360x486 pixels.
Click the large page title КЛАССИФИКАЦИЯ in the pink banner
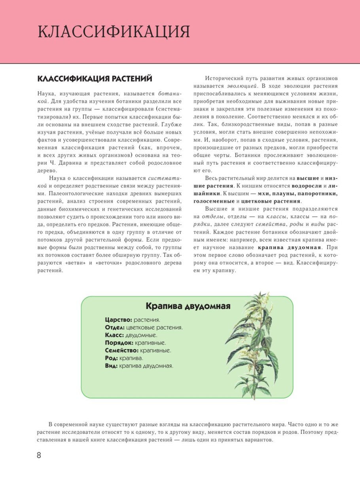pyautogui.click(x=114, y=32)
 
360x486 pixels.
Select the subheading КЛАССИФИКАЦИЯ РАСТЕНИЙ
pyautogui.click(x=95, y=79)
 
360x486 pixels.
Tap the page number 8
pyautogui.click(x=39, y=455)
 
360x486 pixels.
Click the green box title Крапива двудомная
pyautogui.click(x=188, y=306)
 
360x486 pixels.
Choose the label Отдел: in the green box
pyautogui.click(x=115, y=327)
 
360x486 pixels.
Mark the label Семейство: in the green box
pyautogui.click(x=122, y=350)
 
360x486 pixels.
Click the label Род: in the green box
pyautogui.click(x=112, y=358)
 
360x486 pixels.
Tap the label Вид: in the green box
pyautogui.click(x=111, y=366)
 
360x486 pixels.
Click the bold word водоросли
pyautogui.click(x=307, y=186)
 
